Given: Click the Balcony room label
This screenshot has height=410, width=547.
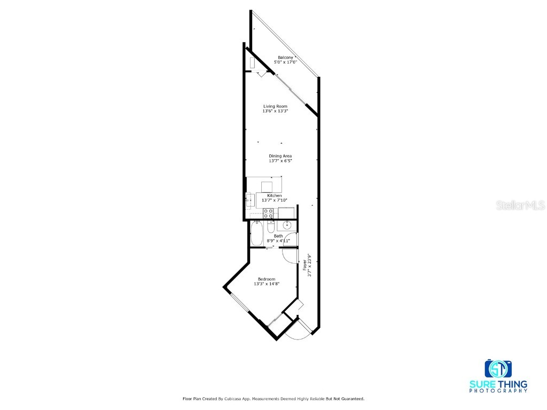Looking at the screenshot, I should point(285,58).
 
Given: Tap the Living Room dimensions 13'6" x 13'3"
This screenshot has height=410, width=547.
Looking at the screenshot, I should point(275,111).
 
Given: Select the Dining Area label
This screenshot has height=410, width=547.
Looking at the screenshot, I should point(280,156).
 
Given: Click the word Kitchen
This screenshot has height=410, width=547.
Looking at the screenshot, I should point(275,196).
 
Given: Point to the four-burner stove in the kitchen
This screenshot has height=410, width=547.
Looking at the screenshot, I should point(268,214).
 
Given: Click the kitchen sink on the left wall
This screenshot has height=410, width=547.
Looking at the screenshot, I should point(248,201).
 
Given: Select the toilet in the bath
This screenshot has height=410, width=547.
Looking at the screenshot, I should point(271,227).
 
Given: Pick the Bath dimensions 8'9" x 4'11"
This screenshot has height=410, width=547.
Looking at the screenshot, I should point(278,241).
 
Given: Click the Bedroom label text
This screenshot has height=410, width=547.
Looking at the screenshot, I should point(267,279).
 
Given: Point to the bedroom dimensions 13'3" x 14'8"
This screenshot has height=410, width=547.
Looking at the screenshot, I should point(267,284).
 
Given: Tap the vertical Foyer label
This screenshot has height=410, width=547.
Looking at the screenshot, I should point(305,265).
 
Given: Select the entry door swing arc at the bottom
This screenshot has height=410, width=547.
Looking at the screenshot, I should point(298,334).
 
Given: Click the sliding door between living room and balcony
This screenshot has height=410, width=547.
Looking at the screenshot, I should point(292,89).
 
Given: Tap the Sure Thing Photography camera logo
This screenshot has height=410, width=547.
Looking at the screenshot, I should point(498,368).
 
